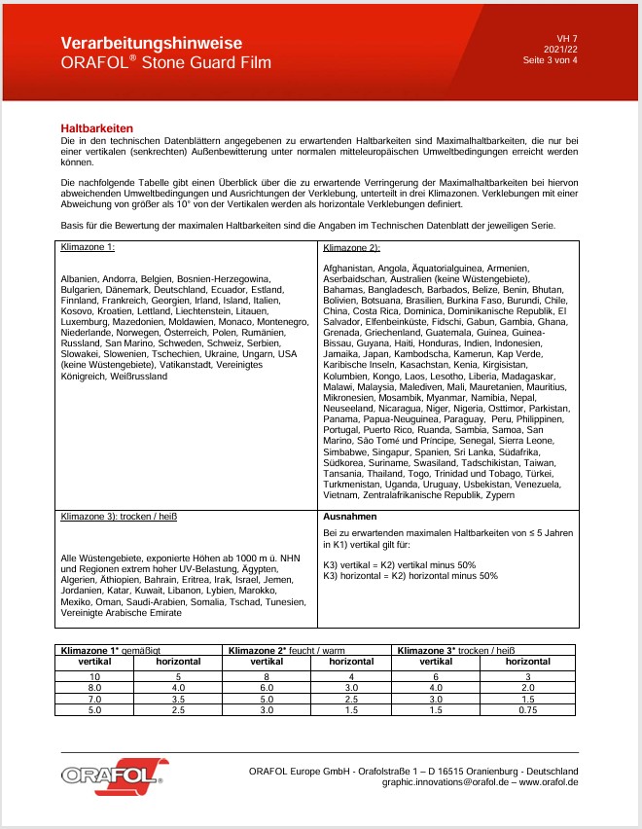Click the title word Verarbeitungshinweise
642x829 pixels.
(145, 43)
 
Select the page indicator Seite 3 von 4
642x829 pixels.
(550, 60)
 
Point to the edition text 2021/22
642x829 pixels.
(561, 49)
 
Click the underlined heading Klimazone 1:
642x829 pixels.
(88, 247)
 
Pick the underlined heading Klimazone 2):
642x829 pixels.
(351, 249)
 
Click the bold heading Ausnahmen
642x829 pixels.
(349, 517)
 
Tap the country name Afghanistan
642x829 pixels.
(352, 268)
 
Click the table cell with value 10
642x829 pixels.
(95, 675)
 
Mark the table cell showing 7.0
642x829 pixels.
(95, 698)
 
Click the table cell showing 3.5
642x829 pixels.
(179, 698)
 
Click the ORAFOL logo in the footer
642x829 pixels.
(113, 775)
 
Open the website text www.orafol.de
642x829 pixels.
(550, 781)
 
